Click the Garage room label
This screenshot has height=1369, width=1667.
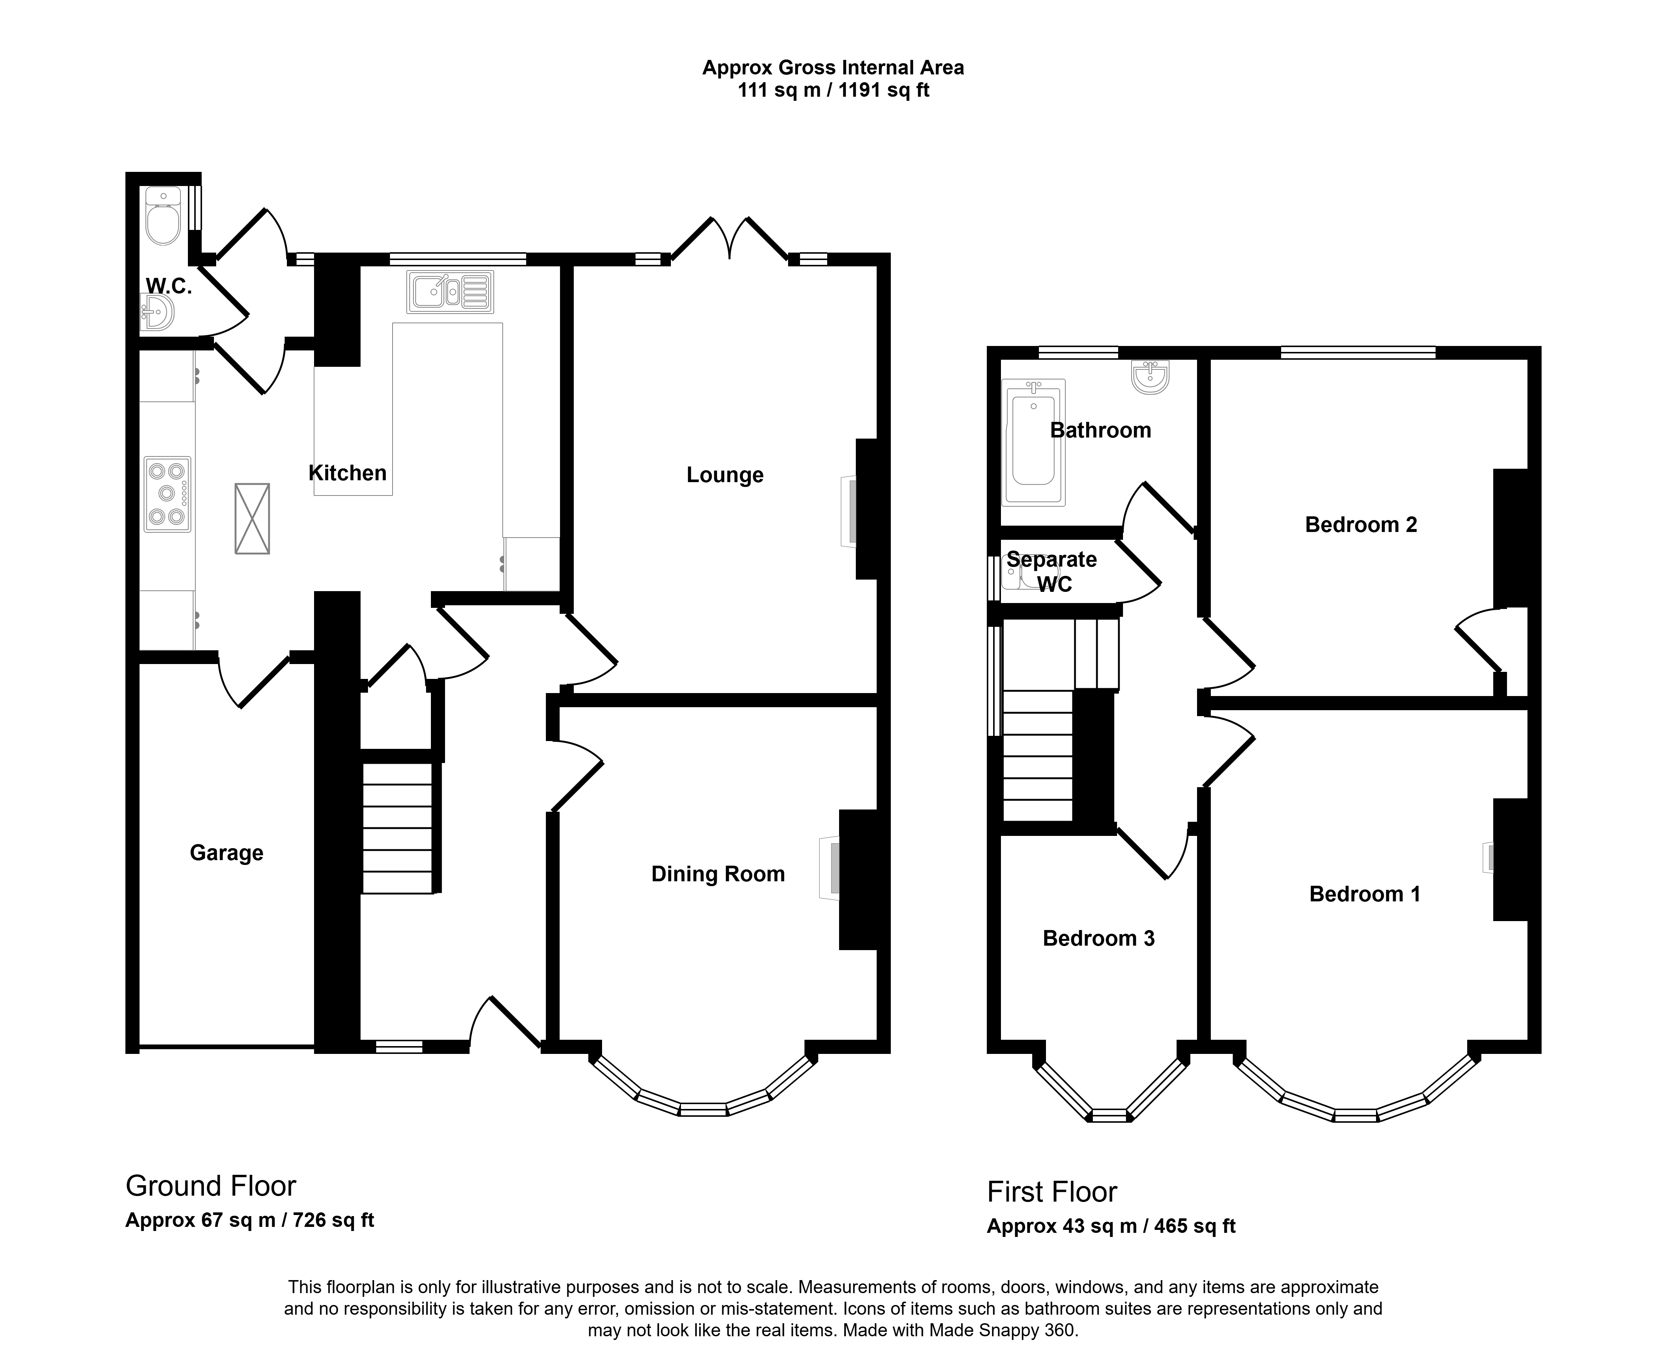[226, 853]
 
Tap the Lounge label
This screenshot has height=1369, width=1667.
[725, 475]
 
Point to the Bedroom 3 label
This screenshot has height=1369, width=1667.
[1098, 939]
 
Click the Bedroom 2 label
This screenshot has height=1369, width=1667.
[1361, 525]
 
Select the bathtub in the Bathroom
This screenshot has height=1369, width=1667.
[1033, 442]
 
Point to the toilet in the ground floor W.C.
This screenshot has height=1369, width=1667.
[163, 216]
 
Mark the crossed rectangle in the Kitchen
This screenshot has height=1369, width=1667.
[252, 519]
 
